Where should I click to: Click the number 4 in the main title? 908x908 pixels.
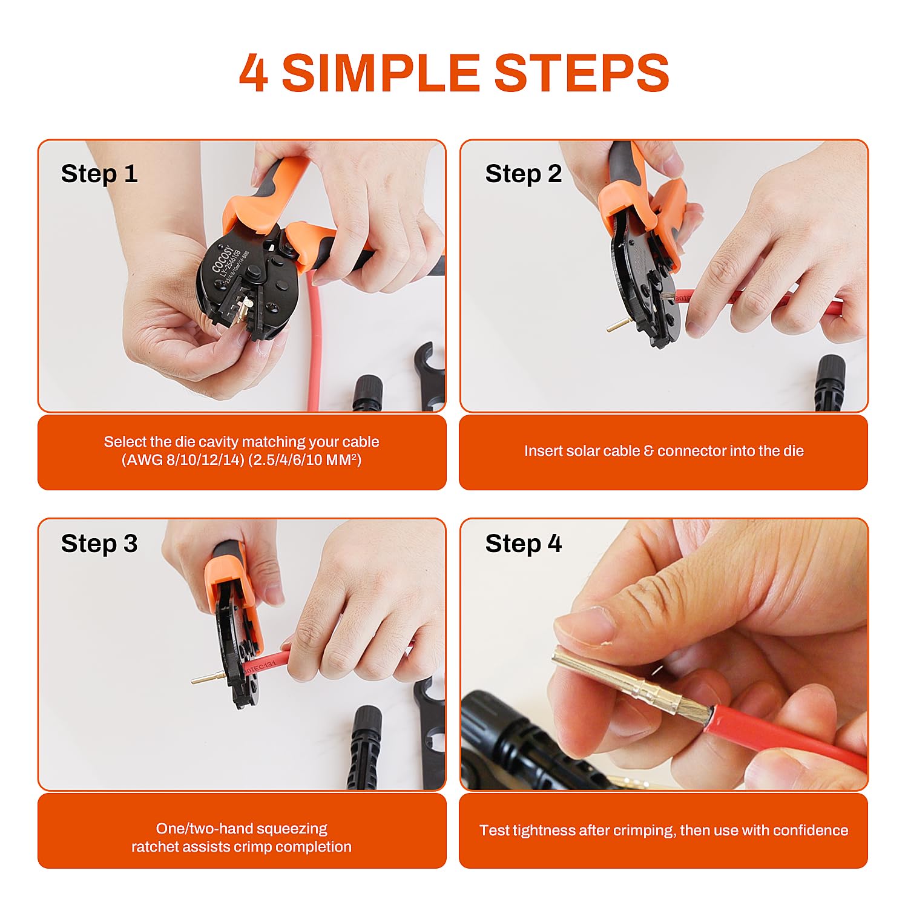coord(254,73)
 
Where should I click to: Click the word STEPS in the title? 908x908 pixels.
coord(581,73)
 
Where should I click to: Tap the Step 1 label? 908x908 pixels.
coord(99,174)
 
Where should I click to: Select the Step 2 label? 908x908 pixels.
coord(523,174)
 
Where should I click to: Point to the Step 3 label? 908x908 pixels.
coord(99,544)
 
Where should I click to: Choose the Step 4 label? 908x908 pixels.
coord(523,544)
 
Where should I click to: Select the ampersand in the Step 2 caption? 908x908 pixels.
coord(649,451)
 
